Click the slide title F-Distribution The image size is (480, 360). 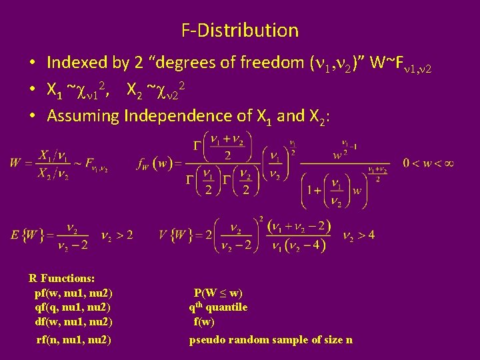click(x=240, y=30)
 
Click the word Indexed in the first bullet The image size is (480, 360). click(x=77, y=63)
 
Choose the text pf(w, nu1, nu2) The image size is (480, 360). click(x=73, y=293)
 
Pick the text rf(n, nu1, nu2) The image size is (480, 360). click(x=73, y=340)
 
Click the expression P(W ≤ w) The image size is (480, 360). click(x=218, y=293)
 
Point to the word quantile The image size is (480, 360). click(x=226, y=307)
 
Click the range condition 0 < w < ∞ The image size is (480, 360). click(x=428, y=163)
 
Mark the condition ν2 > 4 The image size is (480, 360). click(x=359, y=235)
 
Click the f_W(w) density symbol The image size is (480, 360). click(x=155, y=163)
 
